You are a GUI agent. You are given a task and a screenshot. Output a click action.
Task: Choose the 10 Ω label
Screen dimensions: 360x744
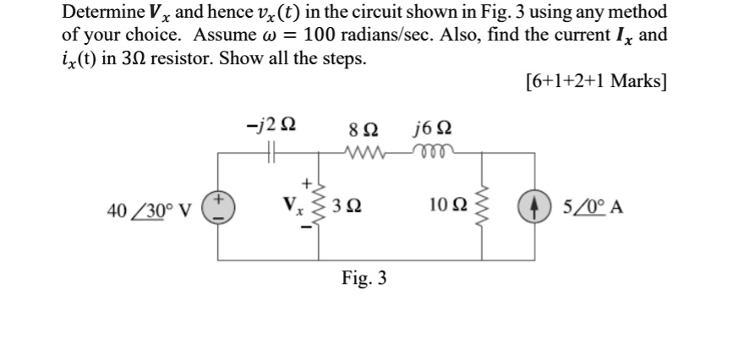447,206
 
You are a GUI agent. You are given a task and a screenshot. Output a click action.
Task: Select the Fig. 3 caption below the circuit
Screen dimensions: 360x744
364,277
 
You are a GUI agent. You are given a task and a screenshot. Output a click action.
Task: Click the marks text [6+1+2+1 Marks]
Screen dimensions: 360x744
595,82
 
